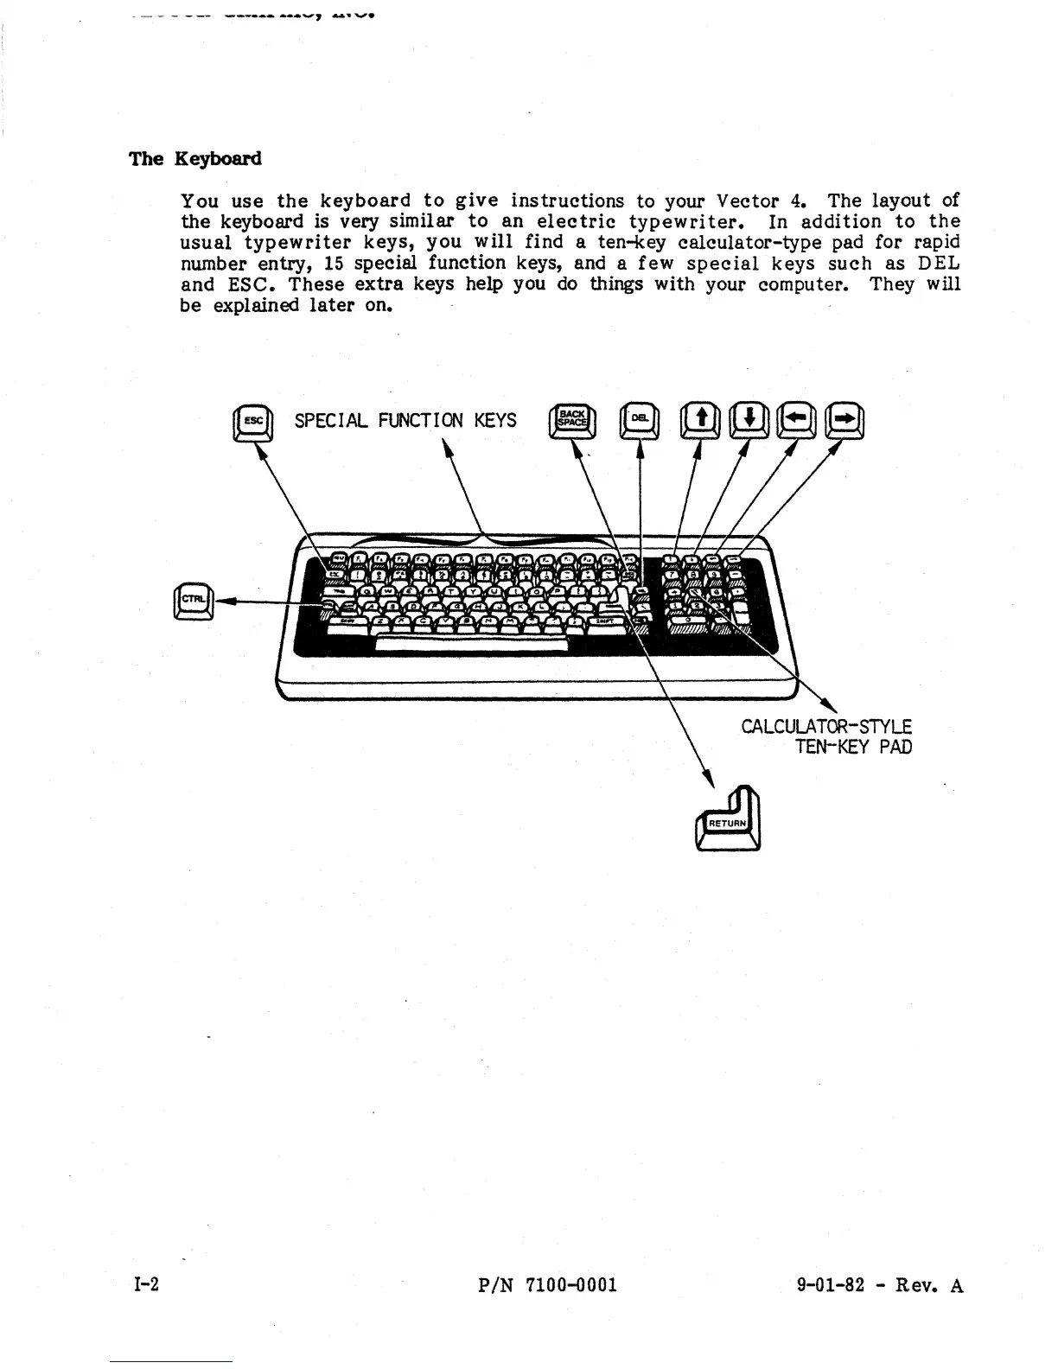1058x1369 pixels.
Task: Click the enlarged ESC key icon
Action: (x=253, y=423)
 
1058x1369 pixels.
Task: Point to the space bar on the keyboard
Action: (x=471, y=645)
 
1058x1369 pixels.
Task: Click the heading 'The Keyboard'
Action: (x=194, y=159)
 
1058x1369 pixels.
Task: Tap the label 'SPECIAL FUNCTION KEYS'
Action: (x=405, y=421)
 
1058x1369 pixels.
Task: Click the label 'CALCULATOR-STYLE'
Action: (x=826, y=726)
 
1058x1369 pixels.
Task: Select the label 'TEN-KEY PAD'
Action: (x=853, y=747)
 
